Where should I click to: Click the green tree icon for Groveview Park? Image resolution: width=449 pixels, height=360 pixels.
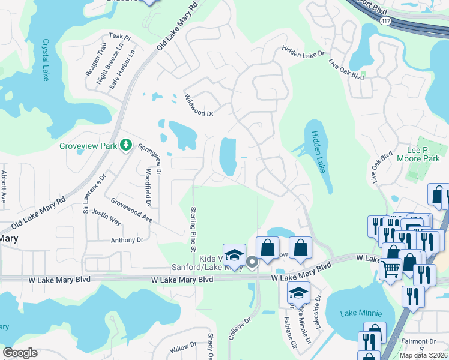point(126,145)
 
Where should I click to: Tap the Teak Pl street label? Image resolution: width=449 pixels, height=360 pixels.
point(119,37)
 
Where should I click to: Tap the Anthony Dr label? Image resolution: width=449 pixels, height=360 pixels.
point(127,240)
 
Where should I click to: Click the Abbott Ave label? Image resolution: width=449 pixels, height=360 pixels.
point(4,187)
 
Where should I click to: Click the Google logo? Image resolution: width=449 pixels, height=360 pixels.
point(20,353)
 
